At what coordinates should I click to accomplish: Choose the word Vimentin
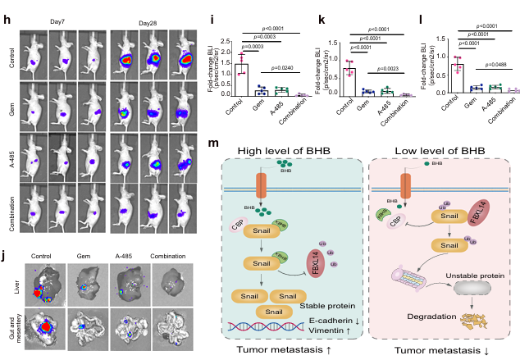tap(331, 333)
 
